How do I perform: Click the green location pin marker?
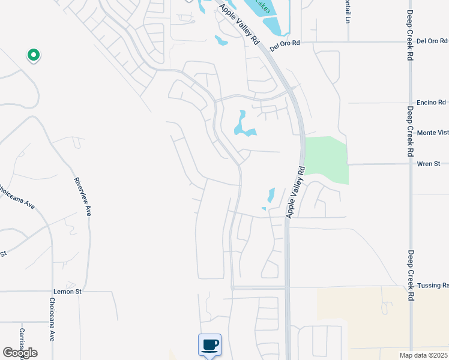pos(34,55)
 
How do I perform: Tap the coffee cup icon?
pos(209,345)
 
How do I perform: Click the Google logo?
pos(20,353)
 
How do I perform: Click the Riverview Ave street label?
pos(82,196)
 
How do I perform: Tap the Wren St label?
pos(429,163)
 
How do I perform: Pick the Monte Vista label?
pos(432,133)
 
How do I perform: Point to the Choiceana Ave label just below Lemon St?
pos(52,327)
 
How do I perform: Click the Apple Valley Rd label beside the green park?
pos(295,192)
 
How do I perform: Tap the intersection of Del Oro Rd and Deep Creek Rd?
pos(410,42)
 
